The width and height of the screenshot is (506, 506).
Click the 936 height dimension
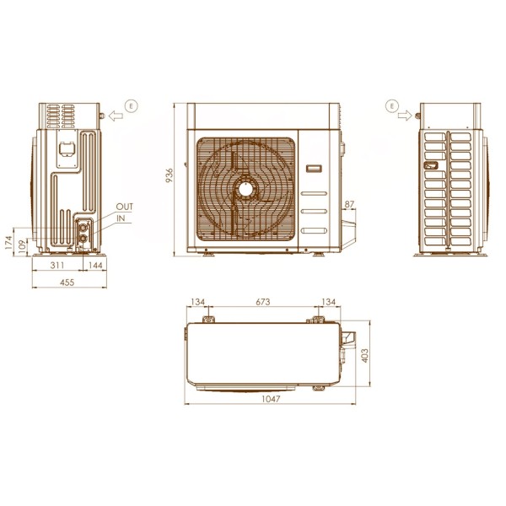(x=170, y=175)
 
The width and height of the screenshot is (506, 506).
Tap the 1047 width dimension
(x=271, y=399)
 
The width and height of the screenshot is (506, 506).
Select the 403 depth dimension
(x=365, y=355)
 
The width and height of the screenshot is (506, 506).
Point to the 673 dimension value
(x=263, y=302)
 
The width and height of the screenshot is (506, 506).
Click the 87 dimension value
(x=349, y=204)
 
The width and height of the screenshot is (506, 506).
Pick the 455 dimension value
(x=67, y=283)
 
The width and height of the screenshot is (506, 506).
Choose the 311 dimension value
(x=57, y=266)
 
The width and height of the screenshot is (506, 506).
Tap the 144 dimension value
(x=95, y=266)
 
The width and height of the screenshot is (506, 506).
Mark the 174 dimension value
(x=8, y=242)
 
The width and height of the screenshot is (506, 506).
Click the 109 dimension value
(x=22, y=246)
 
